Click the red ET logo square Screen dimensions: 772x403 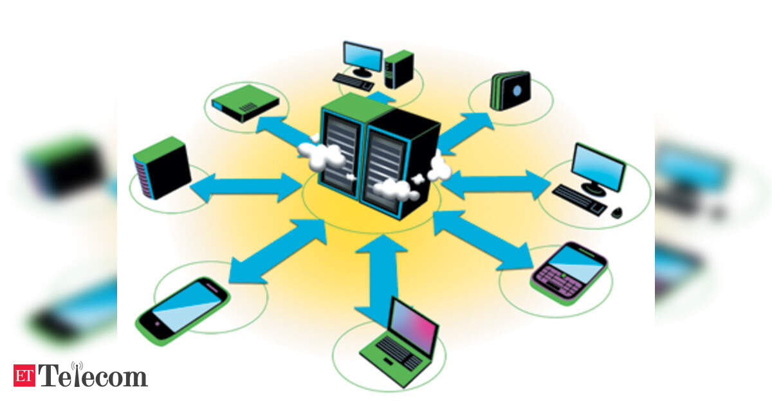coord(24,375)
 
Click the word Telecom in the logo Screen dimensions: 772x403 coord(93,375)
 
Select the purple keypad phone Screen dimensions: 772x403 coord(569,273)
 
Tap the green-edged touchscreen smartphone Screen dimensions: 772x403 coord(182,311)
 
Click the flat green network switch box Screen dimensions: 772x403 coord(245,103)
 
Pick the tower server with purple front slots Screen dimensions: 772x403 coord(161,168)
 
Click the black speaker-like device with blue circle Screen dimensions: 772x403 coord(511,91)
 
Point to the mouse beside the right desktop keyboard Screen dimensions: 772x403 coord(617,212)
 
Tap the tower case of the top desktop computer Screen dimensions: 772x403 coord(399,69)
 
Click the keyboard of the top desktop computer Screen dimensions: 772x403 coord(353,82)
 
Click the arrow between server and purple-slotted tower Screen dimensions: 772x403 coord(246,187)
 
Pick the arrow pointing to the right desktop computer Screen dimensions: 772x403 coord(495,185)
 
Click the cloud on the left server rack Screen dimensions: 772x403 coord(322,157)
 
